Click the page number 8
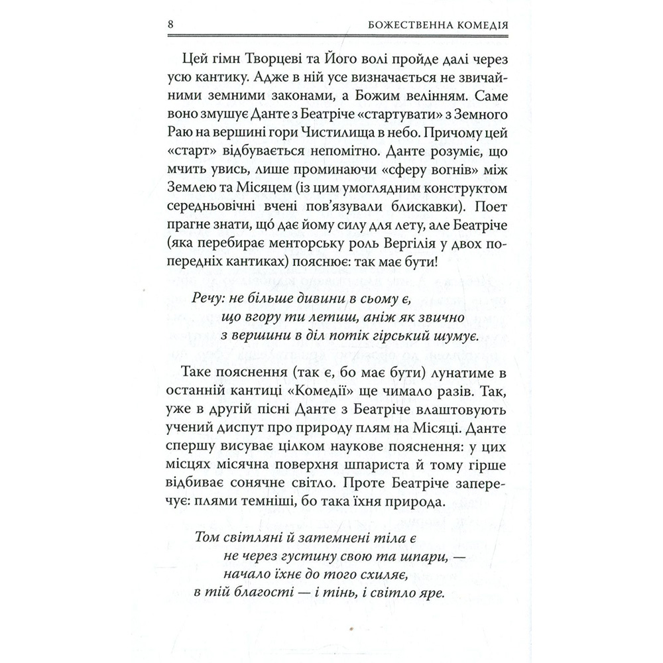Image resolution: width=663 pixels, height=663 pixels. click(171, 27)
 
